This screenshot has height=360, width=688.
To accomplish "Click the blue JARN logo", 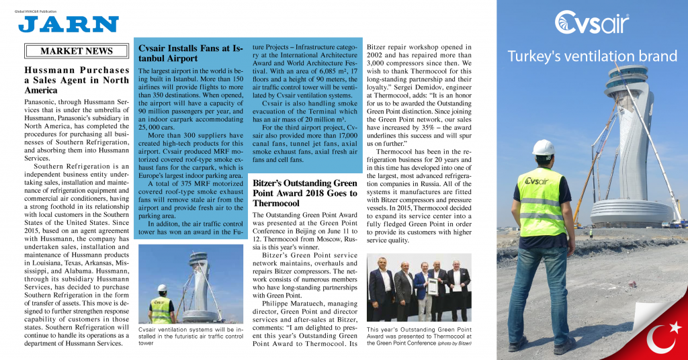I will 68,25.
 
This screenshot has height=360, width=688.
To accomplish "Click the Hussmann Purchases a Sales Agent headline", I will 76,80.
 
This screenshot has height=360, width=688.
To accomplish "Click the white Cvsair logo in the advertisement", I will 591,23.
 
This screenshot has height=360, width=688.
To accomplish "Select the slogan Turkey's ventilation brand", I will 592,56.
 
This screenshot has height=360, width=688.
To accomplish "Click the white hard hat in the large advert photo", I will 543,147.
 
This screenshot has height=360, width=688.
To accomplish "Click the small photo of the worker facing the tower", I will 190,283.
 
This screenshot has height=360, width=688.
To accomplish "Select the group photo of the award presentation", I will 418,287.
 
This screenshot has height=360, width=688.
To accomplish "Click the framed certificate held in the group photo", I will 433,287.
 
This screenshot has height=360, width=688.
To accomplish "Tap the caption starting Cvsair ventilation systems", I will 190,336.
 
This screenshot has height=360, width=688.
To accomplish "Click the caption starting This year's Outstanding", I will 417,336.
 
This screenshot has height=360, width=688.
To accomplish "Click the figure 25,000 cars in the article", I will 156,126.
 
